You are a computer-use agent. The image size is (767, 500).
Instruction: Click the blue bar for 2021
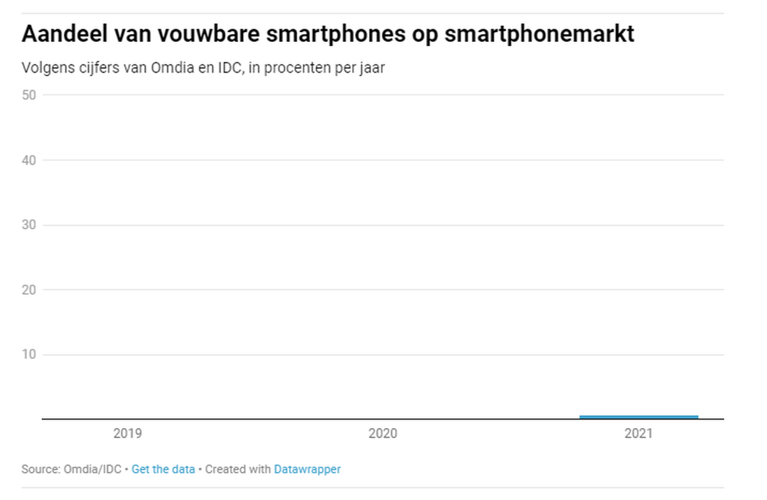(x=638, y=417)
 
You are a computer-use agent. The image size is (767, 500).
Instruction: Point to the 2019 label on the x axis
(x=127, y=434)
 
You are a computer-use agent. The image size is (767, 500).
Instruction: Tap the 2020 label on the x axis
(x=383, y=434)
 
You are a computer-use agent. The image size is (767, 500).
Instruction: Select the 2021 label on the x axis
(x=638, y=434)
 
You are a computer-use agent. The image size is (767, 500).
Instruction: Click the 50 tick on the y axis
(x=29, y=95)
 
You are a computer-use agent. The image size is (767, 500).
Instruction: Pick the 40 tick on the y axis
(x=29, y=160)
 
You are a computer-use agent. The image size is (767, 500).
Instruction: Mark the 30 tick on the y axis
(x=29, y=225)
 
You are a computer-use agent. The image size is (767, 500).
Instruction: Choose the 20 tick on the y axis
(x=29, y=290)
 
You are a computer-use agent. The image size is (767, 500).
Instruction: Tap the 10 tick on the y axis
(x=29, y=355)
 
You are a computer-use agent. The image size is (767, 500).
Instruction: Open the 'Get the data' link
(x=163, y=469)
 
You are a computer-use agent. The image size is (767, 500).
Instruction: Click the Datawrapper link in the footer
(x=307, y=469)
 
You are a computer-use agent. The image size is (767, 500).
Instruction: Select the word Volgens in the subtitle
(x=43, y=68)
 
